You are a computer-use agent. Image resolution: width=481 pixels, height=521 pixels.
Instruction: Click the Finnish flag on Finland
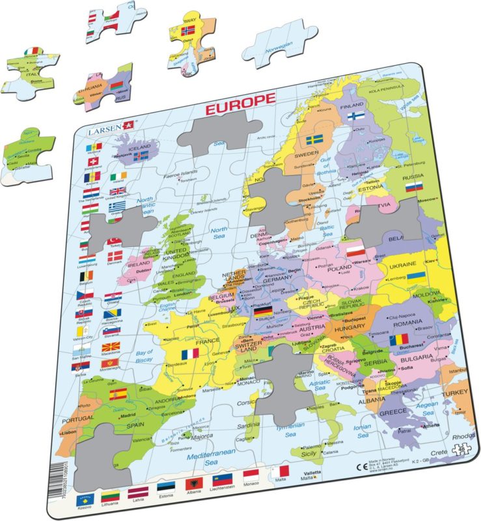pos(355,116)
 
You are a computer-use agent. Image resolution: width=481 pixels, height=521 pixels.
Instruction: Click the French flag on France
pos(190,354)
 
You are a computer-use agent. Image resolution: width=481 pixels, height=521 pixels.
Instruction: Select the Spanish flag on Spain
pos(118,394)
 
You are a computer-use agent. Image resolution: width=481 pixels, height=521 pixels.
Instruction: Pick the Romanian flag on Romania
pos(398,340)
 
